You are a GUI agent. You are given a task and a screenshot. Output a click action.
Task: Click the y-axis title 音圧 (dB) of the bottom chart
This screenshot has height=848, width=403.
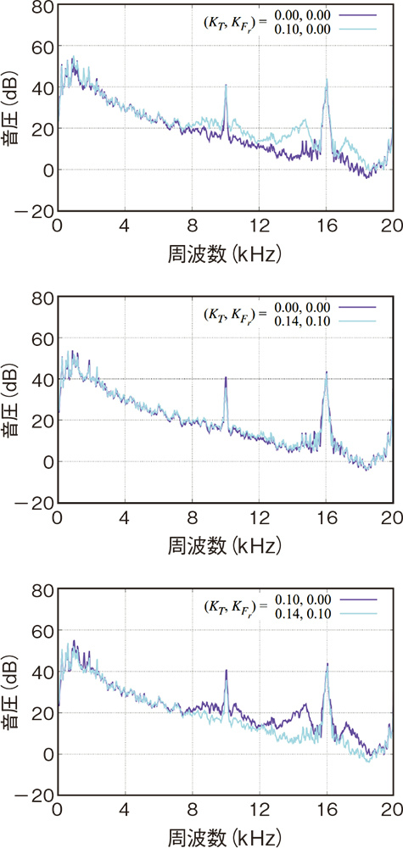[11, 691]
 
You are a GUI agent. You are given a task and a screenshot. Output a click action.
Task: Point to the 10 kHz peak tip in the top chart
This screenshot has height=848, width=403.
[226, 86]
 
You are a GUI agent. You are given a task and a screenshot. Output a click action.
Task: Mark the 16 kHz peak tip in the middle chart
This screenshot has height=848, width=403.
[327, 372]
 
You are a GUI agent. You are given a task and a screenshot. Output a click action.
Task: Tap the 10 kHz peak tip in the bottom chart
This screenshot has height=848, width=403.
[227, 671]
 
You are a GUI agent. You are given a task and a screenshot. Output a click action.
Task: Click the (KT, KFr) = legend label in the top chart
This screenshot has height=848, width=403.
[232, 24]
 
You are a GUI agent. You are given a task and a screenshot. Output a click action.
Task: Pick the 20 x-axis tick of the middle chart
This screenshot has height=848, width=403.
[389, 517]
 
